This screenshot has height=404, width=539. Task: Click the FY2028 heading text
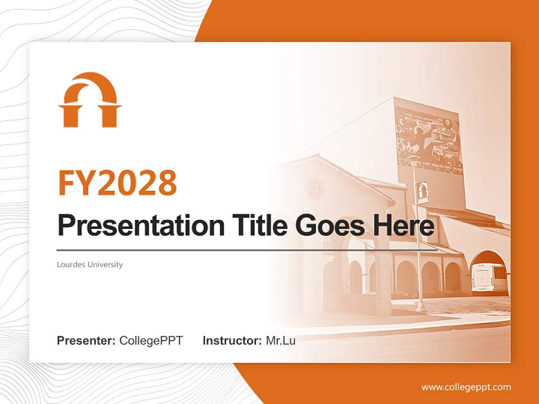click(x=117, y=183)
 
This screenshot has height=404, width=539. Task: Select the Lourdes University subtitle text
click(x=90, y=264)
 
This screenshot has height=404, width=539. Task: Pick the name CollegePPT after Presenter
click(x=151, y=341)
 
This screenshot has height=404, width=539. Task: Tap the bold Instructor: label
click(x=232, y=341)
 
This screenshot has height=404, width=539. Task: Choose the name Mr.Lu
click(x=281, y=341)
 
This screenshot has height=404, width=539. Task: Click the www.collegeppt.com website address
click(x=466, y=387)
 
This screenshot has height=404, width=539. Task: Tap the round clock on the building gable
click(x=314, y=189)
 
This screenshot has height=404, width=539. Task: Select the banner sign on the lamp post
click(x=423, y=192)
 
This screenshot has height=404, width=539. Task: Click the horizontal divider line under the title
click(x=247, y=250)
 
